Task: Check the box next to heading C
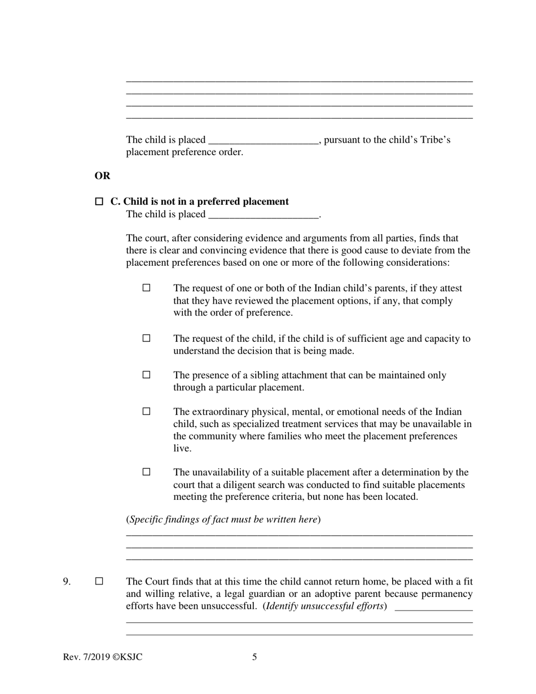[99, 201]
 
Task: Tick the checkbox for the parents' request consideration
[147, 288]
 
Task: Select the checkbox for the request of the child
[147, 339]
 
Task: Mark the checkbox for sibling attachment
[147, 375]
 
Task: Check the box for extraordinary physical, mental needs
[147, 411]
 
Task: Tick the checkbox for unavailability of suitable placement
[147, 472]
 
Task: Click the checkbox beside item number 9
[99, 581]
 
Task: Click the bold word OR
[102, 176]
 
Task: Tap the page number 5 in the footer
[254, 657]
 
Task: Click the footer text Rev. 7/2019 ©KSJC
[103, 657]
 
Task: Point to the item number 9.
[67, 582]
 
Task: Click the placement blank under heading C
[263, 215]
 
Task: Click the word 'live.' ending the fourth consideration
[183, 449]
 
